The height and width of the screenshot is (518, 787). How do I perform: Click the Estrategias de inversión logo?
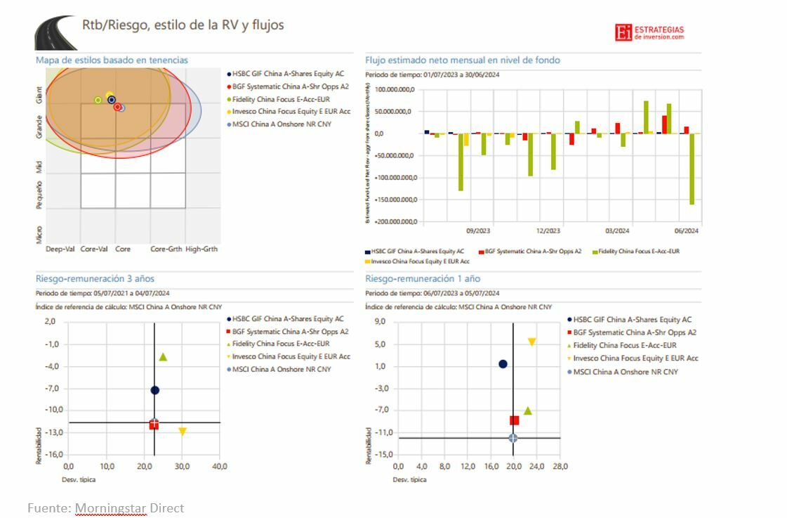(x=649, y=32)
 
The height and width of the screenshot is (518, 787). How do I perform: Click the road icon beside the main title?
(x=55, y=32)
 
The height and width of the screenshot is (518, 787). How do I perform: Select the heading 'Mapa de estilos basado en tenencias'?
(x=112, y=60)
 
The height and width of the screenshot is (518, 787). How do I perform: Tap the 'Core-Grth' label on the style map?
(x=166, y=249)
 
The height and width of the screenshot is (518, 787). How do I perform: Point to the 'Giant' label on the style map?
(x=39, y=95)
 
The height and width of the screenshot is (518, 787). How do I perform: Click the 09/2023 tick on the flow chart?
(x=478, y=231)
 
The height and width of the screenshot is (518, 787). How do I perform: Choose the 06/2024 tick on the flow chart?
(x=687, y=231)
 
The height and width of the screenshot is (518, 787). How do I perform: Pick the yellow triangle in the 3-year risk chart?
(x=183, y=432)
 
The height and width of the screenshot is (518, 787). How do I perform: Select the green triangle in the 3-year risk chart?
(x=163, y=357)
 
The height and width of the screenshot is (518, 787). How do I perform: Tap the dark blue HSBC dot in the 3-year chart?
(x=155, y=390)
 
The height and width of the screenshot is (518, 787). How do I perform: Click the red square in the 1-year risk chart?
(x=515, y=420)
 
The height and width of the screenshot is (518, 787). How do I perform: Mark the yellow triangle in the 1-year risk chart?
(x=531, y=342)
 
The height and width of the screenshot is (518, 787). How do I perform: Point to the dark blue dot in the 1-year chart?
(x=503, y=364)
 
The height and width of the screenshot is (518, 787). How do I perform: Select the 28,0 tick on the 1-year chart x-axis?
(x=560, y=466)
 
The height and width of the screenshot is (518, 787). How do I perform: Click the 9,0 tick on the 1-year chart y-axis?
(x=380, y=322)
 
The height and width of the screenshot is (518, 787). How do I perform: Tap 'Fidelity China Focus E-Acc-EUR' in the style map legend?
(x=281, y=99)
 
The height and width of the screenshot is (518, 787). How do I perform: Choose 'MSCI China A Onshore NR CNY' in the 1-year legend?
(x=626, y=372)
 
